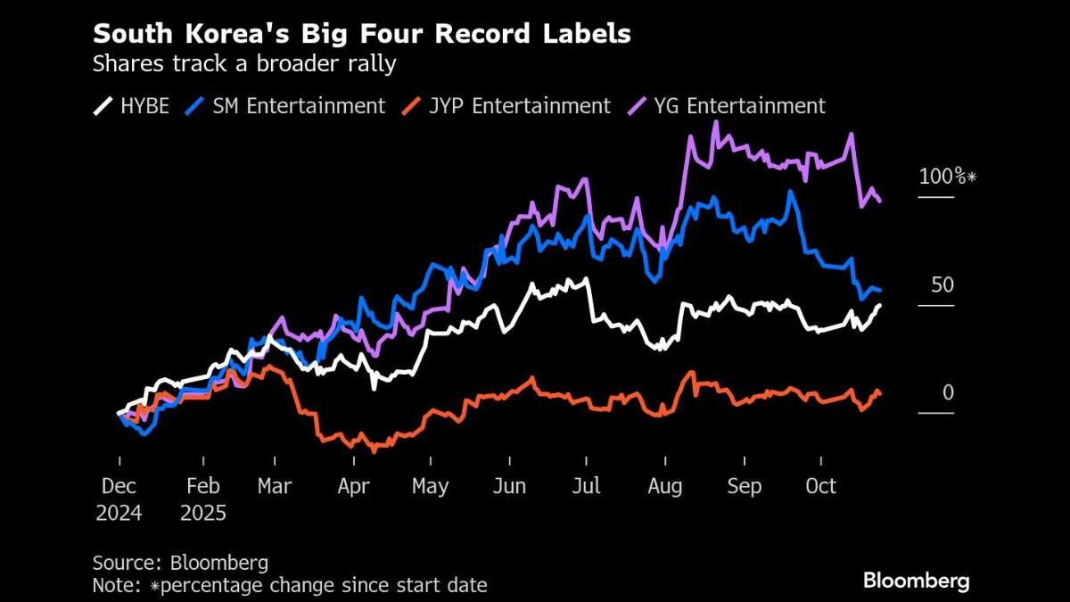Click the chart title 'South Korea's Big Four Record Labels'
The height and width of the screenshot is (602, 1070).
[362, 34]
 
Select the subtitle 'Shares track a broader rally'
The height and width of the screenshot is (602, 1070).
[244, 63]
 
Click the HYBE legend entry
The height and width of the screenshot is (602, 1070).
[131, 105]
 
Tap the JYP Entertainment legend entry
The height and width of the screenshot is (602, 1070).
[506, 105]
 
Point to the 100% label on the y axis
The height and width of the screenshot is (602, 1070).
[947, 177]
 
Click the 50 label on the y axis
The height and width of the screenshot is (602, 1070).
[942, 285]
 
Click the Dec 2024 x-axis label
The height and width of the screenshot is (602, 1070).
[119, 499]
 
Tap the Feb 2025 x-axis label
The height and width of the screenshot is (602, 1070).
[203, 499]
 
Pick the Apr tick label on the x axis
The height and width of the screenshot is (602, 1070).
[354, 486]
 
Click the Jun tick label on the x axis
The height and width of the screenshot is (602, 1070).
[509, 486]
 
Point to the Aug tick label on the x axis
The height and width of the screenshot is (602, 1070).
[665, 486]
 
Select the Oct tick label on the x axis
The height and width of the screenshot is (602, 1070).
[821, 486]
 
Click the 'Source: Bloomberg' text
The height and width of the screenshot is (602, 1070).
[180, 563]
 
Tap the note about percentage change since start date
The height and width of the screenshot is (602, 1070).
[290, 585]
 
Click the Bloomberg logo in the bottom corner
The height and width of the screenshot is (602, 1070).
[916, 581]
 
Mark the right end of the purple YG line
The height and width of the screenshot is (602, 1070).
[880, 201]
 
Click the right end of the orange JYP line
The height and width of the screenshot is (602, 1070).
[880, 394]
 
